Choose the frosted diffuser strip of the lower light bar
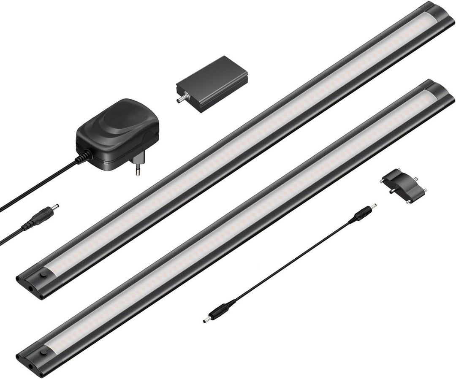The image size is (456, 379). [245, 224]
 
